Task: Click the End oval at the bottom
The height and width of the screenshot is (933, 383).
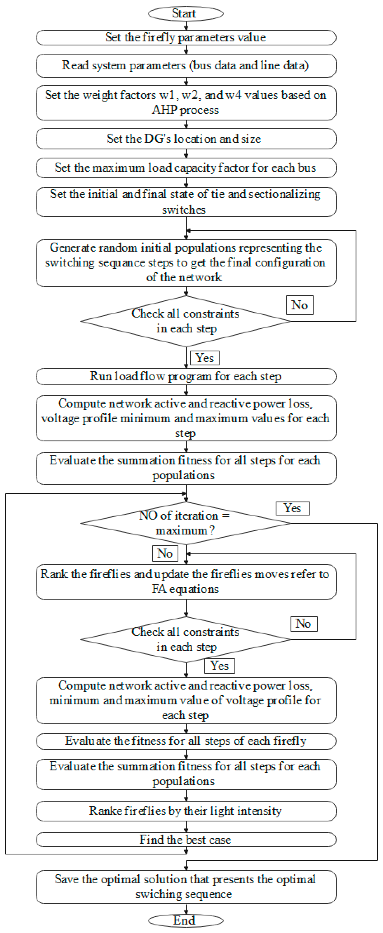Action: click(x=185, y=920)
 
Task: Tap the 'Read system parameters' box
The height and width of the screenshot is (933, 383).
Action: click(x=185, y=66)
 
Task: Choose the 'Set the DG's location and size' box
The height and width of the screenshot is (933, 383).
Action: click(x=185, y=139)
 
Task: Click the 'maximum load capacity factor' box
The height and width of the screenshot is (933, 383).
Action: click(x=185, y=168)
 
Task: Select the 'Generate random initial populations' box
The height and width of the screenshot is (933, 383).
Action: click(x=185, y=263)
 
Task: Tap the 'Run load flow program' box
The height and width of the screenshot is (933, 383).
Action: click(x=185, y=376)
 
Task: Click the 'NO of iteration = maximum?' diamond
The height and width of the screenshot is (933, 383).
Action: click(x=185, y=523)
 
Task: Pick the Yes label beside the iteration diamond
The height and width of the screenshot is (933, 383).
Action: click(x=293, y=508)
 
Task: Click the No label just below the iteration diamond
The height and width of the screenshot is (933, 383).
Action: click(x=165, y=553)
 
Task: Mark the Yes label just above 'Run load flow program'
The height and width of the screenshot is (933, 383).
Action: click(x=205, y=358)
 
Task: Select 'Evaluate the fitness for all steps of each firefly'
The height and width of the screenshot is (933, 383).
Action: click(x=185, y=741)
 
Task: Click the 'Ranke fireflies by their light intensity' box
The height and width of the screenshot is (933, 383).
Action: click(x=185, y=811)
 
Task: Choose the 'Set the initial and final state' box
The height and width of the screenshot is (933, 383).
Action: click(x=185, y=202)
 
